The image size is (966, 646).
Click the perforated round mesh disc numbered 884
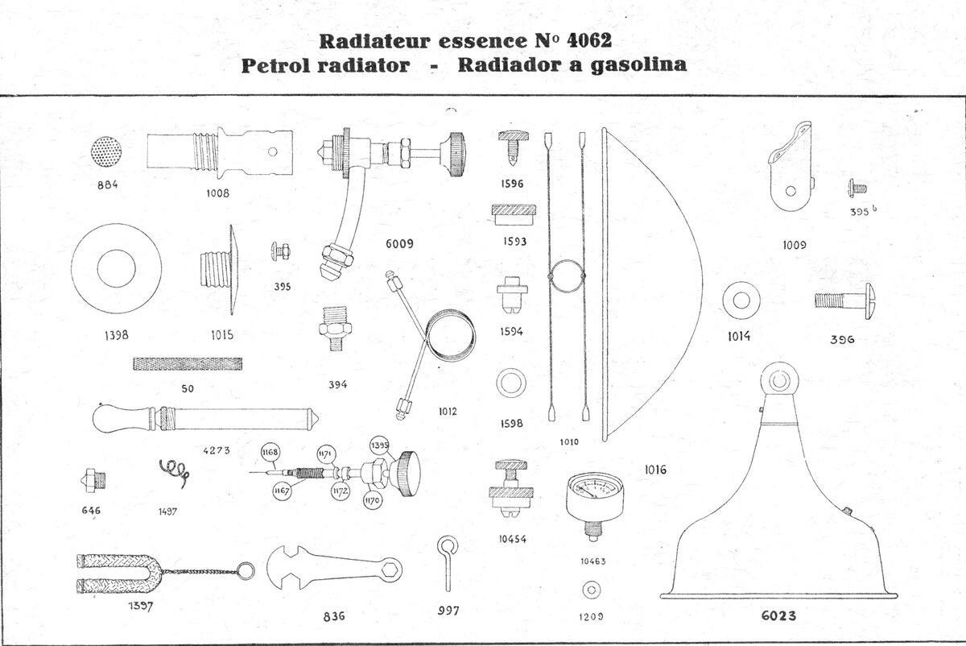[107, 151]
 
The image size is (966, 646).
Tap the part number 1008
[216, 193]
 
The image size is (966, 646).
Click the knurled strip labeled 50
[187, 364]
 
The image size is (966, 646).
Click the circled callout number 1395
[379, 445]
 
